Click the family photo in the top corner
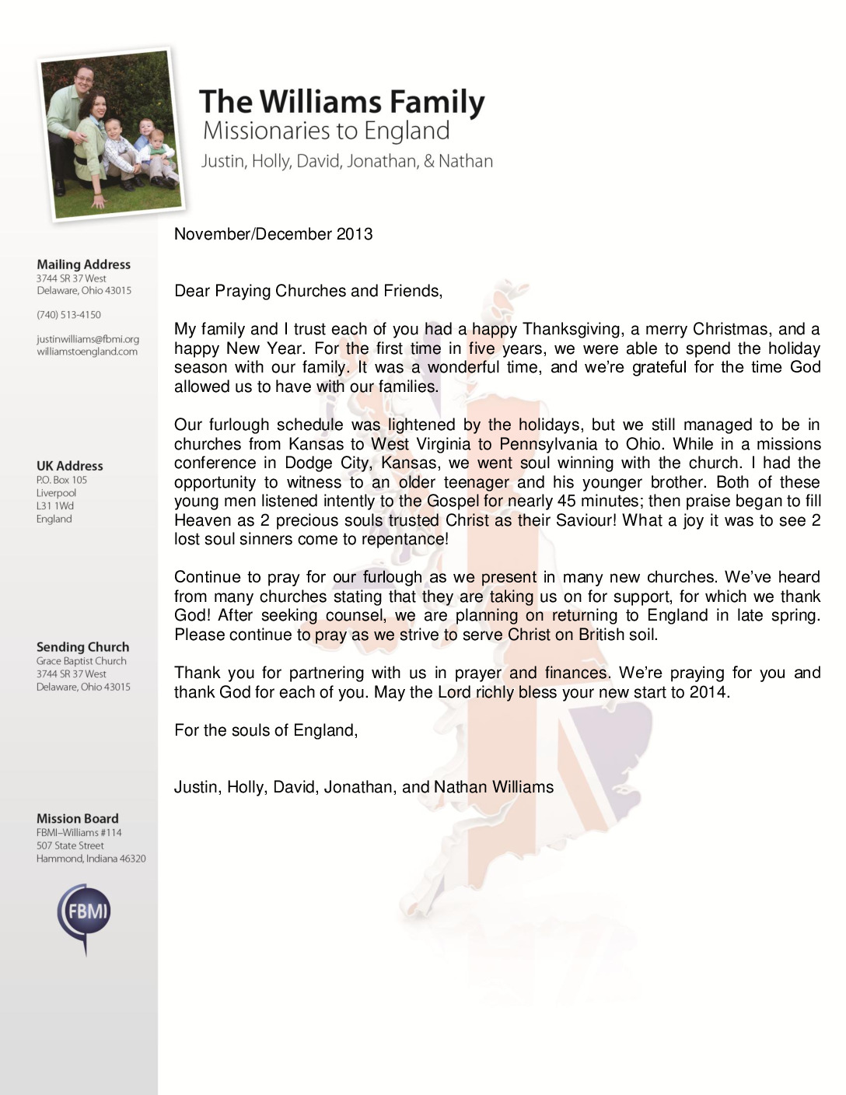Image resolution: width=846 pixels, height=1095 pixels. click(110, 133)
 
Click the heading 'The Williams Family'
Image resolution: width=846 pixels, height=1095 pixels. click(342, 102)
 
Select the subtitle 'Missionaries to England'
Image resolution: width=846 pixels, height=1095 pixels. click(326, 131)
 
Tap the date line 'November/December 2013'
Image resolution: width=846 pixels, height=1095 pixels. click(273, 234)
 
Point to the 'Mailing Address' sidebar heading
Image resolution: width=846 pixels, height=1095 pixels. click(83, 264)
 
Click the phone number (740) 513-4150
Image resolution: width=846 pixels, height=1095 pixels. click(68, 315)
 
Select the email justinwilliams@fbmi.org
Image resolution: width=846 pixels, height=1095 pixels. click(88, 339)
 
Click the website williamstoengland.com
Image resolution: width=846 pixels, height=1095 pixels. click(87, 352)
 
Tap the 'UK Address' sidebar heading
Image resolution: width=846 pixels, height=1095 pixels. click(69, 466)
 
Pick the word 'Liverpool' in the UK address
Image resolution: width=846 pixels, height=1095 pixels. click(56, 493)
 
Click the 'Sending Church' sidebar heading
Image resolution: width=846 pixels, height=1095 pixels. click(82, 647)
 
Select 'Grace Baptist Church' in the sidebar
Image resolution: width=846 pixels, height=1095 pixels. click(81, 661)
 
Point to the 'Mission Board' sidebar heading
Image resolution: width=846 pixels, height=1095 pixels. click(77, 818)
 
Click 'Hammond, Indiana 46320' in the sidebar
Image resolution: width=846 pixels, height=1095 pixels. click(91, 859)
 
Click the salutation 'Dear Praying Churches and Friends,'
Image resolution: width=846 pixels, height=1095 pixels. click(308, 291)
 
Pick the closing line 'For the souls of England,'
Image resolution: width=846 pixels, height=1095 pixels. click(266, 730)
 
